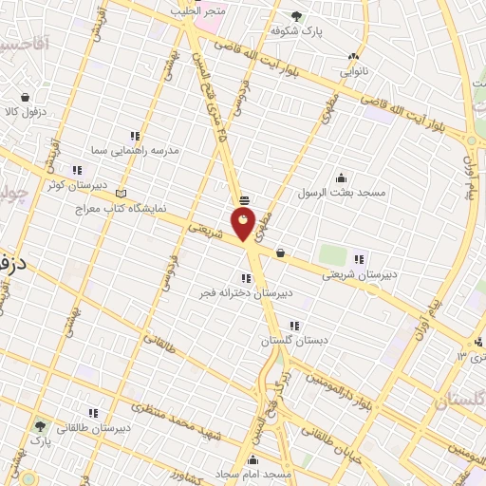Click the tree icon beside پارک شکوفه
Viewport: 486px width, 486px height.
tap(296, 15)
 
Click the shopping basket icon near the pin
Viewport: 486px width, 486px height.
tap(280, 252)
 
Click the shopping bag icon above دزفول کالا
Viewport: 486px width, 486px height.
tap(25, 97)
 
